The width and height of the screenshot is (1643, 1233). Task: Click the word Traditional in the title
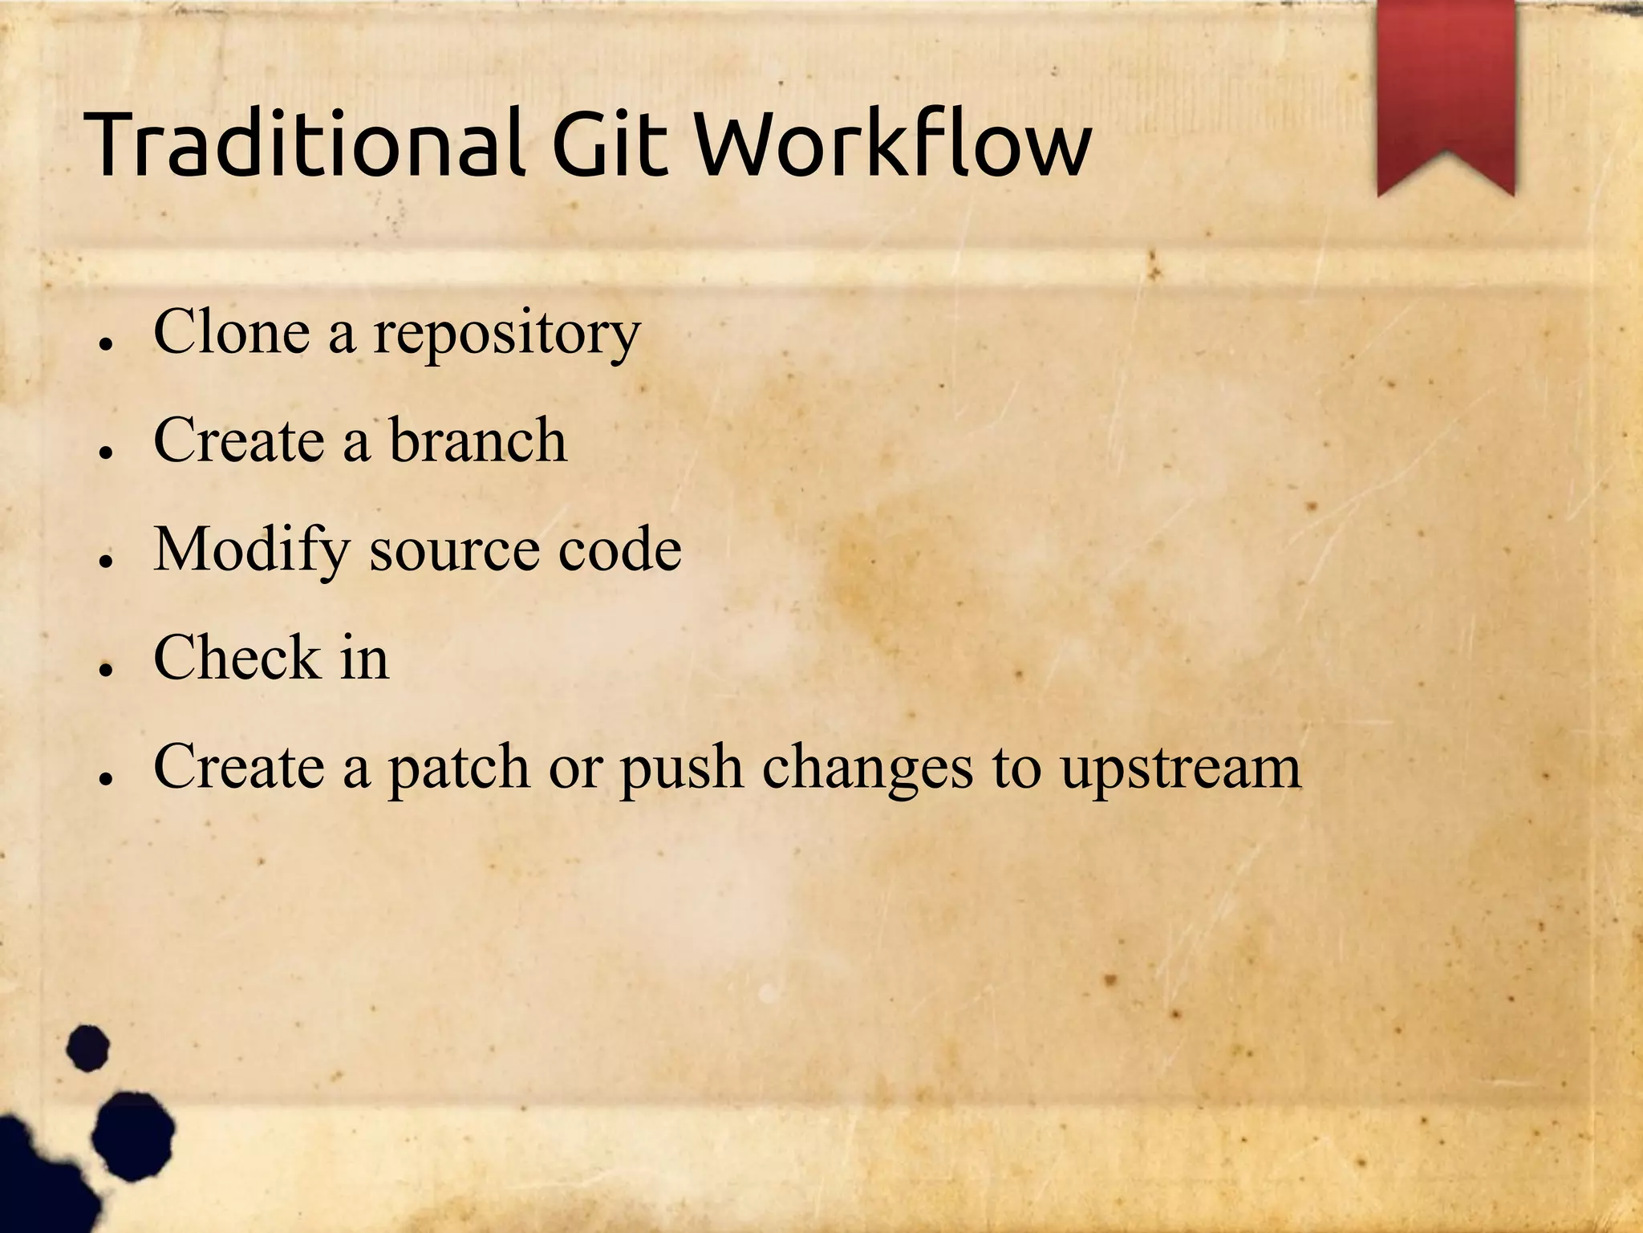pyautogui.click(x=305, y=144)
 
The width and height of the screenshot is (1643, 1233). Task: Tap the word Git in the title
pyautogui.click(x=610, y=144)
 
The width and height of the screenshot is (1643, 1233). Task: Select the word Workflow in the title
pyautogui.click(x=890, y=144)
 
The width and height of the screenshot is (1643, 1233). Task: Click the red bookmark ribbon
pyautogui.click(x=1446, y=92)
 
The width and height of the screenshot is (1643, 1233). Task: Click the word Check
pyautogui.click(x=237, y=657)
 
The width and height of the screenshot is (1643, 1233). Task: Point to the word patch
pyautogui.click(x=459, y=769)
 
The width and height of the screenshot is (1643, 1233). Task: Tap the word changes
pyautogui.click(x=867, y=769)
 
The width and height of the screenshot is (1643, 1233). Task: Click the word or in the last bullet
pyautogui.click(x=574, y=767)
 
